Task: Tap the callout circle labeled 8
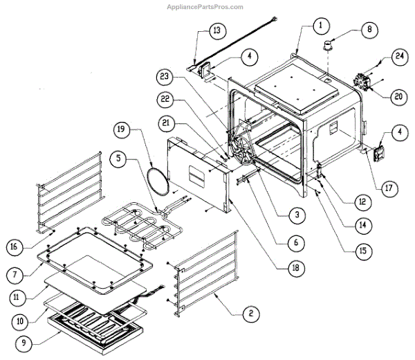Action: [370, 30]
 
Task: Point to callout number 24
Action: [399, 55]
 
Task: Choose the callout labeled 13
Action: [216, 31]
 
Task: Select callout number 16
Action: [18, 246]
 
